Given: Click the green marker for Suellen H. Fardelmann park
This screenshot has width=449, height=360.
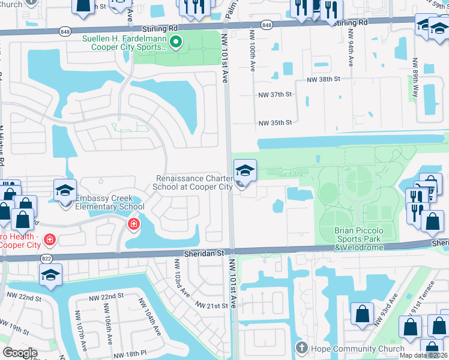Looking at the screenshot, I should pyautogui.click(x=175, y=42).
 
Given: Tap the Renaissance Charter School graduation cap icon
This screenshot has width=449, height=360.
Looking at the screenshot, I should pyautogui.click(x=244, y=170).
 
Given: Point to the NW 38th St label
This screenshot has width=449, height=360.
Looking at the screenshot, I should pyautogui.click(x=324, y=79).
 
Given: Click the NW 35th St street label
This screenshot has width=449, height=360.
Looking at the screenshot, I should pyautogui.click(x=275, y=122).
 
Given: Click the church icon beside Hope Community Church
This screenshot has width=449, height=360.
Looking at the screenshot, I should pyautogui.click(x=302, y=347).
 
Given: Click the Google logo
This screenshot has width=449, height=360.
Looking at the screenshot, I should pyautogui.click(x=20, y=353).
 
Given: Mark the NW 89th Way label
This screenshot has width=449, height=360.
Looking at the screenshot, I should pyautogui.click(x=414, y=73).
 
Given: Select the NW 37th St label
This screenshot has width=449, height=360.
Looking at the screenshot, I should pyautogui.click(x=275, y=95).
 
